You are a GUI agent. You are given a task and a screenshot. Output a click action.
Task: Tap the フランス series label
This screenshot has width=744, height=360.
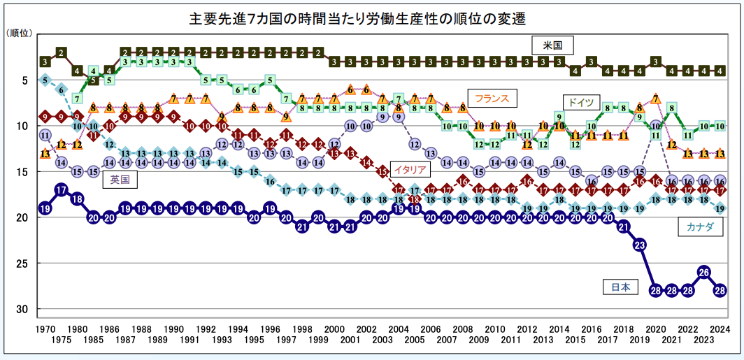pyautogui.click(x=492, y=98)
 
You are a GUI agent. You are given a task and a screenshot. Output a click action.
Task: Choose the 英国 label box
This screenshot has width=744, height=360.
pyautogui.click(x=120, y=180)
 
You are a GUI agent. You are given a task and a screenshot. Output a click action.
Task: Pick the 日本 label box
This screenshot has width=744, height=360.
pyautogui.click(x=620, y=287)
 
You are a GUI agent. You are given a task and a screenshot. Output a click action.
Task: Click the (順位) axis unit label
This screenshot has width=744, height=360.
pyautogui.click(x=17, y=33)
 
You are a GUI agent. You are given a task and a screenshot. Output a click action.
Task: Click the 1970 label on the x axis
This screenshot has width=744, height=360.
pyautogui.click(x=45, y=329)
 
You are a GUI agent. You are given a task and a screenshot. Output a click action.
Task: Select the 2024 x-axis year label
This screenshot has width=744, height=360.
pyautogui.click(x=720, y=329)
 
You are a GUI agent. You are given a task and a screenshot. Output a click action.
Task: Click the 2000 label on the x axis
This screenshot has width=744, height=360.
pyautogui.click(x=334, y=329)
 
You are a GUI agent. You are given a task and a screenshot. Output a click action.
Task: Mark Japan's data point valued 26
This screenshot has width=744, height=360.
pyautogui.click(x=704, y=272)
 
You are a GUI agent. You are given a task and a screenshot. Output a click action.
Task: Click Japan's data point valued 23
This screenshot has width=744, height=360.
pyautogui.click(x=639, y=245)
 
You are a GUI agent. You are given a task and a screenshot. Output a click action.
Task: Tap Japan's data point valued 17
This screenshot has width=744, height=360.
pyautogui.click(x=61, y=189)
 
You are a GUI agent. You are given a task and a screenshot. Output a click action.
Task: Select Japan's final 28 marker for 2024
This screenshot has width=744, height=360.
pyautogui.click(x=720, y=290)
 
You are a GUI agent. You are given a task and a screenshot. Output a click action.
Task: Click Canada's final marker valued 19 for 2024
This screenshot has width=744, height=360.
pyautogui.click(x=720, y=208)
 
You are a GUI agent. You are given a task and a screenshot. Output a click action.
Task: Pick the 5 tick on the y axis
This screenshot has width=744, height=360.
pyautogui.click(x=25, y=80)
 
